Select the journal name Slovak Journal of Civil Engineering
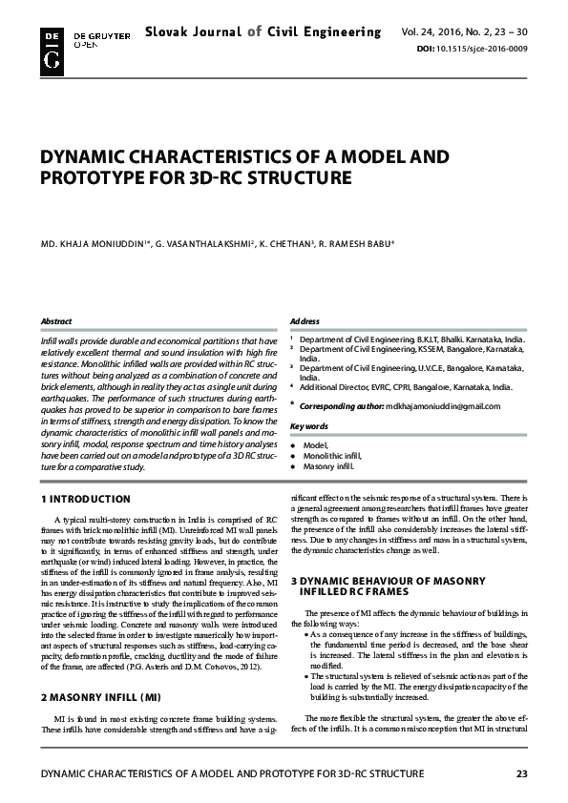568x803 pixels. (x=263, y=32)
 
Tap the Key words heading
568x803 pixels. (x=308, y=425)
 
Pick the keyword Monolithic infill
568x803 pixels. (x=333, y=457)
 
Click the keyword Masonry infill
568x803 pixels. (x=328, y=467)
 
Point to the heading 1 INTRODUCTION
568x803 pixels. (x=87, y=499)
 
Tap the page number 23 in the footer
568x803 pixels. (x=521, y=772)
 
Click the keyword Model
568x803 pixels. (x=315, y=445)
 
